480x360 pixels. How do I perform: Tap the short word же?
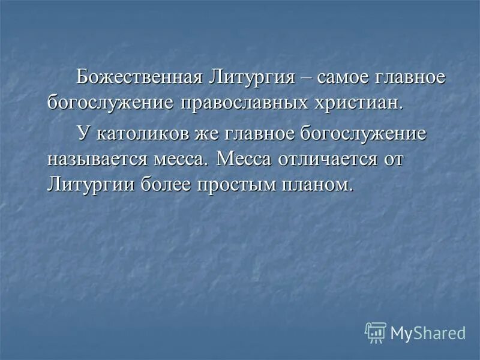tap(207, 134)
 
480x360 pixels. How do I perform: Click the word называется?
tap(96, 159)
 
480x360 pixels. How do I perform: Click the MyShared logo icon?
tap(376, 332)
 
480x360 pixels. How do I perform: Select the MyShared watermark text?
tap(428, 332)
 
